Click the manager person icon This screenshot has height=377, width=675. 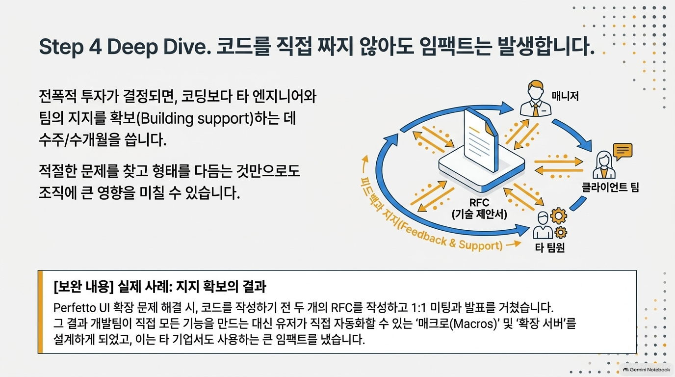click(x=536, y=99)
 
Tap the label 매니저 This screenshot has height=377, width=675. click(x=565, y=96)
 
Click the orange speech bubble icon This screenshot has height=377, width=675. click(x=623, y=151)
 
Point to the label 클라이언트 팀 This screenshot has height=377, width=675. click(x=610, y=188)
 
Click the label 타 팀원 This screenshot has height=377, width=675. click(x=549, y=247)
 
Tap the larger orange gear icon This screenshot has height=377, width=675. click(x=559, y=215)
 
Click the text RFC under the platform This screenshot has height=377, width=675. click(x=479, y=202)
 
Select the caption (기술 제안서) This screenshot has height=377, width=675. click(x=479, y=214)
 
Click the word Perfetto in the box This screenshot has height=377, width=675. click(x=73, y=308)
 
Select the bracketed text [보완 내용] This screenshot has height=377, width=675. click(x=83, y=287)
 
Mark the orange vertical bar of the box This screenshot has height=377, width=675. click(x=40, y=312)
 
